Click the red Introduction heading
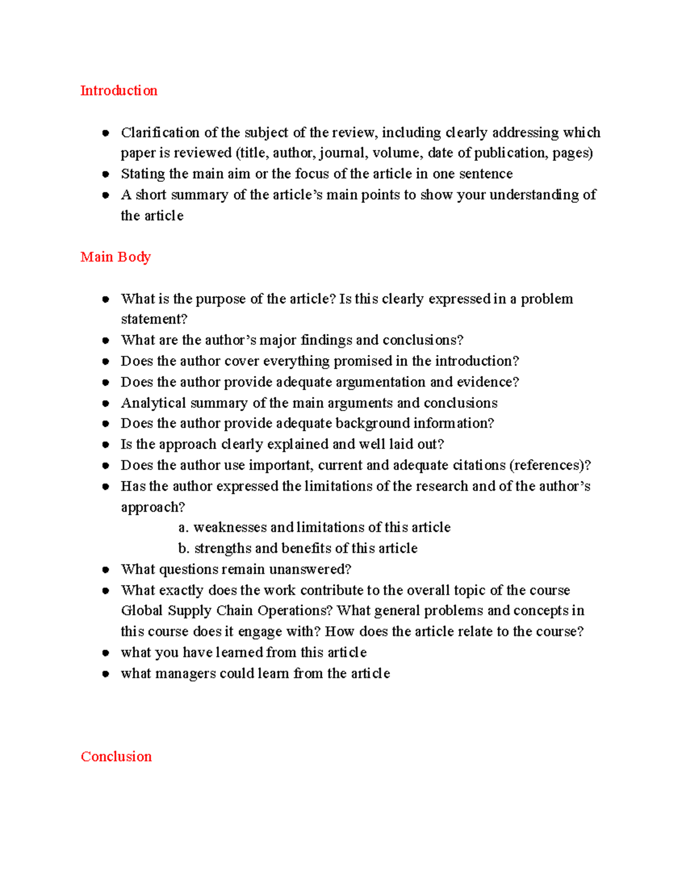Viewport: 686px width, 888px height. pos(118,91)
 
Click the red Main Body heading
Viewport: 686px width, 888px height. pos(115,257)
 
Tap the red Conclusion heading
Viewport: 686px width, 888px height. pos(116,756)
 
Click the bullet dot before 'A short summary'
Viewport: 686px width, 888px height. pos(106,195)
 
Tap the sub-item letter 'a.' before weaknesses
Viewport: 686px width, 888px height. pos(183,528)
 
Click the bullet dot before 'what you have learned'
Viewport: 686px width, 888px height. pos(106,653)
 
